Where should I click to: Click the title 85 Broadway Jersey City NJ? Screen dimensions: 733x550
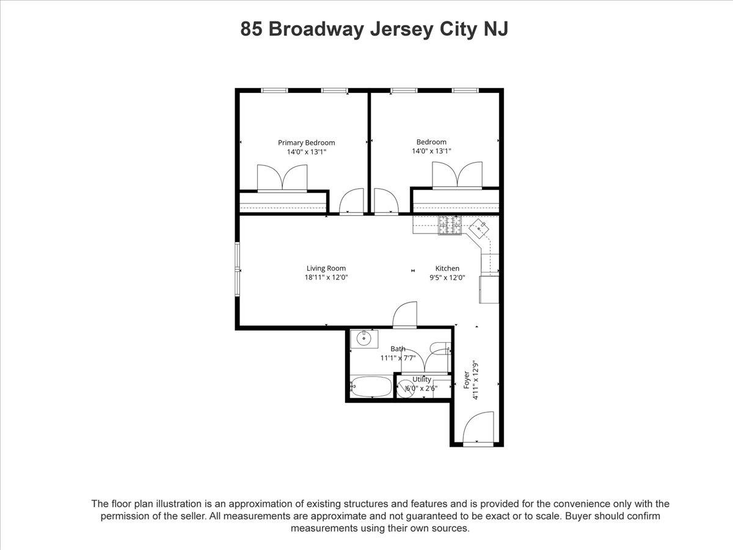(x=374, y=29)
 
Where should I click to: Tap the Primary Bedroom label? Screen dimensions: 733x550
(x=307, y=143)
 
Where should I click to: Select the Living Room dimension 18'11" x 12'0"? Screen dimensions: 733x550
(x=326, y=277)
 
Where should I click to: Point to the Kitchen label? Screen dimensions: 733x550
(x=447, y=268)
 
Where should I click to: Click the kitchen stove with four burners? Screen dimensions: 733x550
(x=450, y=225)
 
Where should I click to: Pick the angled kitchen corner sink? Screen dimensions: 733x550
(x=480, y=229)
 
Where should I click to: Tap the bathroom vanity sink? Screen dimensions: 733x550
(x=364, y=339)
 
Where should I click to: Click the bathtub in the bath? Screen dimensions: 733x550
(x=371, y=387)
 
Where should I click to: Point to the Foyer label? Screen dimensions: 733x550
(x=467, y=380)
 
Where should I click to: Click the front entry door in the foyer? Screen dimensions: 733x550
(x=478, y=428)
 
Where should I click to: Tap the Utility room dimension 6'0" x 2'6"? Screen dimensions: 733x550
(x=421, y=389)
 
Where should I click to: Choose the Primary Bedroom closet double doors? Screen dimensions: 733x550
(x=282, y=178)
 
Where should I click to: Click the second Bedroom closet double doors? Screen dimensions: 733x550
(x=457, y=175)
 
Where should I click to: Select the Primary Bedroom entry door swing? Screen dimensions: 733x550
(x=352, y=202)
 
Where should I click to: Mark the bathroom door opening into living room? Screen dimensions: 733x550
(x=405, y=315)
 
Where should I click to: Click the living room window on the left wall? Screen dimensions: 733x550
(x=238, y=269)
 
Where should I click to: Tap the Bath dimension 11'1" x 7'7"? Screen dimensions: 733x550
(x=398, y=358)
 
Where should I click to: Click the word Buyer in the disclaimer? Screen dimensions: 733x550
(x=578, y=516)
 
